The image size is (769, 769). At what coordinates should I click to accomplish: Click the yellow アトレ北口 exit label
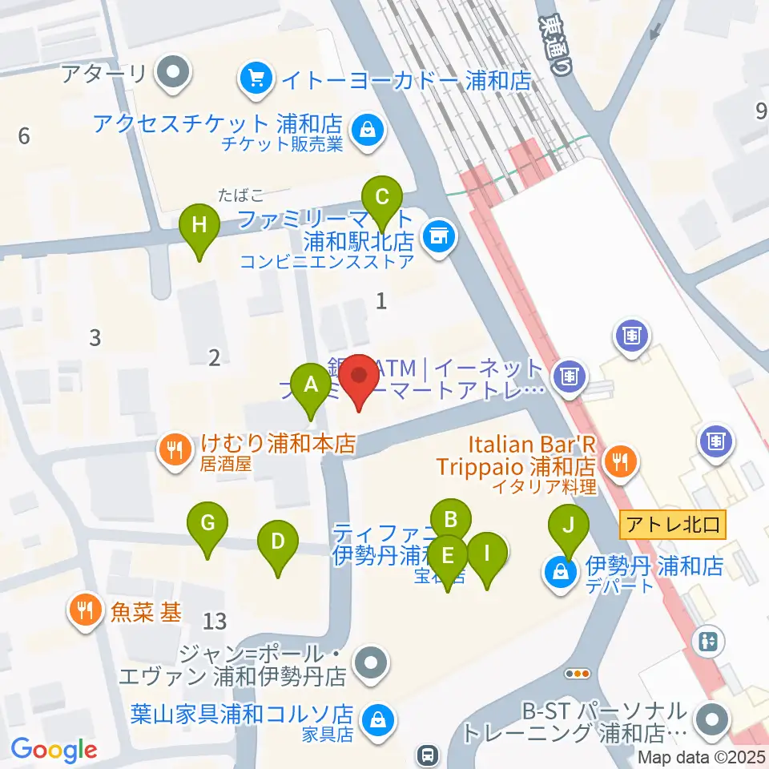[x=674, y=525]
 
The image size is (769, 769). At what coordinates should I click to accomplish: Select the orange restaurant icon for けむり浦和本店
[x=173, y=449]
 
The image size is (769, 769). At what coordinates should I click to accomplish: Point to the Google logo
[x=54, y=749]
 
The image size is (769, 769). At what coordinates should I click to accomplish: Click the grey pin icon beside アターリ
[x=171, y=75]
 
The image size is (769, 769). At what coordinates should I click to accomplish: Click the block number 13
[x=215, y=620]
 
